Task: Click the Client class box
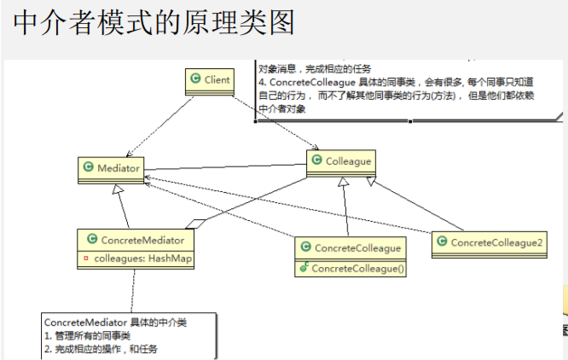pyautogui.click(x=210, y=80)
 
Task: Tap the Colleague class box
pyautogui.click(x=339, y=161)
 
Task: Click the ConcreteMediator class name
pyautogui.click(x=142, y=241)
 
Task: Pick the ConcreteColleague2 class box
pyautogui.click(x=489, y=243)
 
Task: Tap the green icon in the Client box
pyautogui.click(x=195, y=79)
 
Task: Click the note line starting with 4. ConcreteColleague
pyautogui.click(x=409, y=82)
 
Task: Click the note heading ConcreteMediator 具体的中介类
pyautogui.click(x=114, y=323)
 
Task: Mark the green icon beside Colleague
pyautogui.click(x=316, y=160)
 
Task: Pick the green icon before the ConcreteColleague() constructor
pyautogui.click(x=304, y=268)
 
